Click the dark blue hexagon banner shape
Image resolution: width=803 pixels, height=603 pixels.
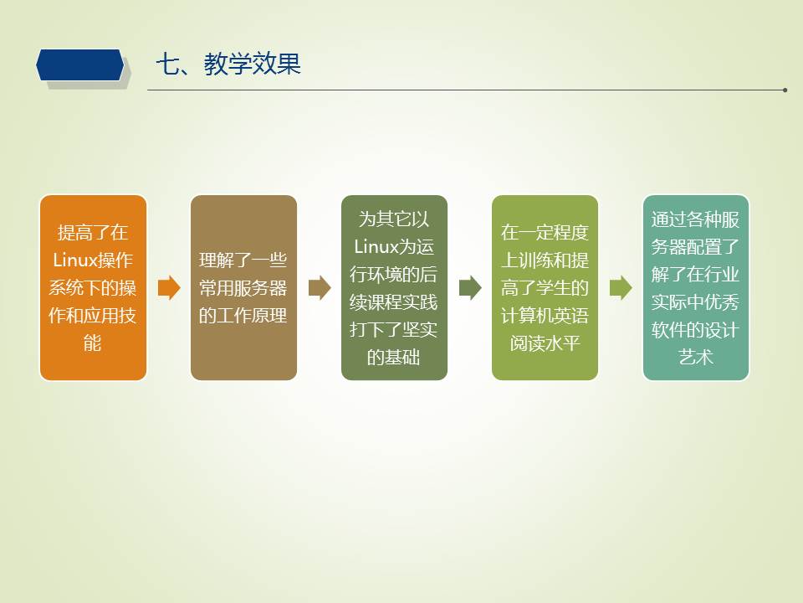click(80, 65)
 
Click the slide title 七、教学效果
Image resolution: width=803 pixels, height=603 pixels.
click(228, 64)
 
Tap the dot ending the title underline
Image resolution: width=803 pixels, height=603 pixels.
click(785, 90)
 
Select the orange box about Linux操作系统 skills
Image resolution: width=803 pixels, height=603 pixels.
click(93, 287)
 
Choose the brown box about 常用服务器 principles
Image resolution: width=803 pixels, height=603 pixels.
click(243, 287)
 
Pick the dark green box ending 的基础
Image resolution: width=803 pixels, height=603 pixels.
click(394, 287)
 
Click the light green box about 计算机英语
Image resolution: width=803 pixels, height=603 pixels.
click(545, 287)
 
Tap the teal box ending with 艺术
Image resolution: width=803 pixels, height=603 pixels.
click(696, 287)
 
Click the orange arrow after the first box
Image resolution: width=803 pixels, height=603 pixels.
click(169, 287)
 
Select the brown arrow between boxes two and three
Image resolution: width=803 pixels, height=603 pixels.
click(320, 287)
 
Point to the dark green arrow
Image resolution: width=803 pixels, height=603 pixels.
click(470, 287)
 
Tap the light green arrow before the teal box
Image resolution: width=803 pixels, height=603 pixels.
click(621, 287)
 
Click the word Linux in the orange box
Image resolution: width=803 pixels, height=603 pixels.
click(74, 260)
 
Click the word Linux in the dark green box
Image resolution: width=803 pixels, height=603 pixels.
click(376, 246)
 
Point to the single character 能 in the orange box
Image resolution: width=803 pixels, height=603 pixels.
click(93, 343)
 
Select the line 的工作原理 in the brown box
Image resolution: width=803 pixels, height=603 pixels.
click(243, 316)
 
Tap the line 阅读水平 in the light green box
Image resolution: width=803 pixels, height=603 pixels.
click(545, 343)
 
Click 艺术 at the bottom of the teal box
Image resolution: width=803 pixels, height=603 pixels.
click(696, 357)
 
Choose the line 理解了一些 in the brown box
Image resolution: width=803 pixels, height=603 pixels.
click(243, 260)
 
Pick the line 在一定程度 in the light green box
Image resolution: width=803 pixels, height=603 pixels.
click(545, 232)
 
